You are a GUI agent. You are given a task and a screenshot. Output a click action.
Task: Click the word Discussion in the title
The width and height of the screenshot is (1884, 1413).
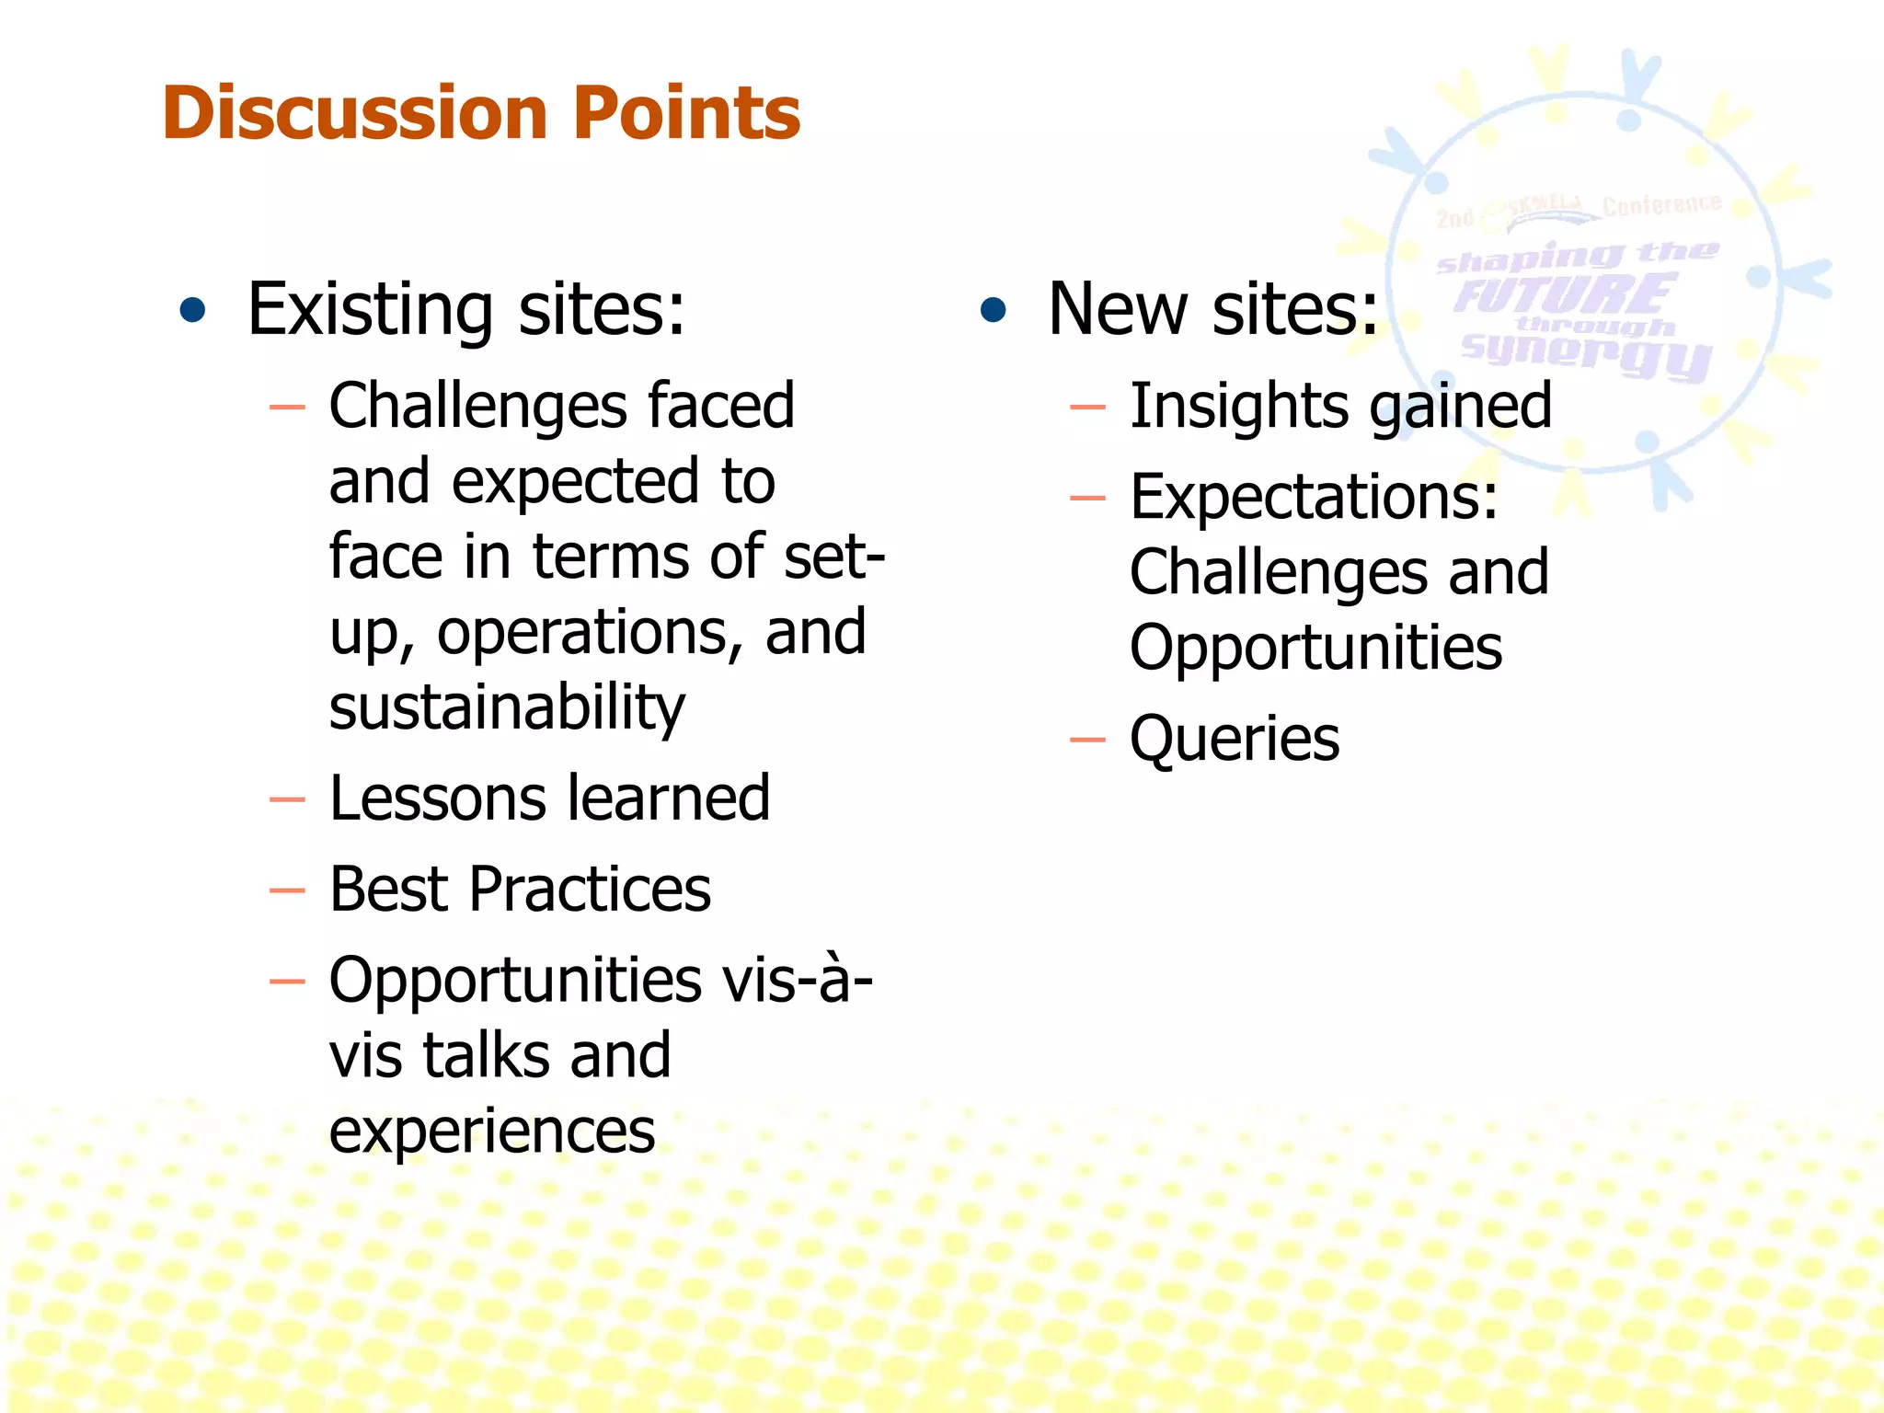point(354,113)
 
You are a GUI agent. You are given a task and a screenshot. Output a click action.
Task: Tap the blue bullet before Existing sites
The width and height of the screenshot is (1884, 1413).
point(192,311)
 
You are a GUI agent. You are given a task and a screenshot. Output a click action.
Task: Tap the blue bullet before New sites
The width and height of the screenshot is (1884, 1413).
point(994,311)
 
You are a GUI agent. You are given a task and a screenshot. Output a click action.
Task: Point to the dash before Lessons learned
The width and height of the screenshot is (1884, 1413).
point(287,800)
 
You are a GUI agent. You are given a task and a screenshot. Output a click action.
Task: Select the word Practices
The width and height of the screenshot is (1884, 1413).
point(590,890)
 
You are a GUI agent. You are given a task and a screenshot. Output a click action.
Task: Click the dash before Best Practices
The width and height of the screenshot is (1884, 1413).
point(287,890)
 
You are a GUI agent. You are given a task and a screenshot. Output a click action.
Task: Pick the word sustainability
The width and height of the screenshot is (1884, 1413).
point(507,708)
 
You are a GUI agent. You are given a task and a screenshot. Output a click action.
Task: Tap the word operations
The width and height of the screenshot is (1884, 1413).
point(590,633)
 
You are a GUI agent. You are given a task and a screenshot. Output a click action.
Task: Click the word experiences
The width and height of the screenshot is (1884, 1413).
point(492,1132)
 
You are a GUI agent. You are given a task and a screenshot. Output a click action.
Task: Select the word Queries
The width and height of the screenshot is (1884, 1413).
point(1234,740)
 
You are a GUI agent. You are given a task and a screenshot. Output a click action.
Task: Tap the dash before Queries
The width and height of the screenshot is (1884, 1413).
point(1087,740)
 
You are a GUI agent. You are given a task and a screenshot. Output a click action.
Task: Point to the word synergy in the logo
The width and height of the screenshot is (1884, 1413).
point(1586,354)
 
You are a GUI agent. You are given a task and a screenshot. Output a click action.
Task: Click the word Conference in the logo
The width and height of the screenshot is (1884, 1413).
point(1660,205)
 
